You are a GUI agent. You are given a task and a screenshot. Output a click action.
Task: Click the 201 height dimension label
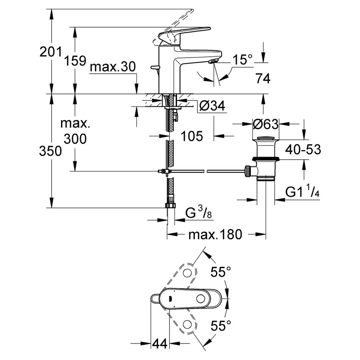pyautogui.click(x=50, y=53)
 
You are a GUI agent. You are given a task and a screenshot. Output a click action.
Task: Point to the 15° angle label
pyautogui.click(x=242, y=61)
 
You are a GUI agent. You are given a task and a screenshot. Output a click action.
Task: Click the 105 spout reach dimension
pyautogui.click(x=192, y=136)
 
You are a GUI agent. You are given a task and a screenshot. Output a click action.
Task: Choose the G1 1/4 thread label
pyautogui.click(x=302, y=192)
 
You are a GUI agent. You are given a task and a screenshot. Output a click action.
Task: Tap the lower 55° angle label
pyautogui.click(x=221, y=325)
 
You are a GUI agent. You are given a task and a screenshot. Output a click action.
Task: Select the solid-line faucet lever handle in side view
pyautogui.click(x=186, y=32)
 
